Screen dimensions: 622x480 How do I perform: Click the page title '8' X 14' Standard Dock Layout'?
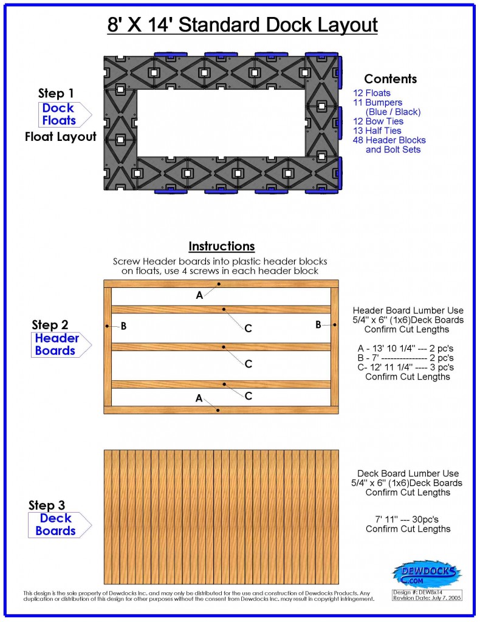coord(239,25)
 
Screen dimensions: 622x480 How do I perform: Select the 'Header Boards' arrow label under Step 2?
coord(57,344)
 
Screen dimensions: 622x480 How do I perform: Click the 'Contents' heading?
coord(390,79)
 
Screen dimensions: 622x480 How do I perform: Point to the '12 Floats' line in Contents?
coord(372,94)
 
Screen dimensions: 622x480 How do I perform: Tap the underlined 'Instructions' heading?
coord(221,247)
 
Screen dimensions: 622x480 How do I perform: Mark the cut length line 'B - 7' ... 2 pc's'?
coord(407,358)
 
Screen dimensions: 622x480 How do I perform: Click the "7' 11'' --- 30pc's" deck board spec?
coord(408,519)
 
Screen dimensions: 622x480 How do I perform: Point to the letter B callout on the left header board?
coord(123,326)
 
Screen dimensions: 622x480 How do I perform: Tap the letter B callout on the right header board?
coord(318,325)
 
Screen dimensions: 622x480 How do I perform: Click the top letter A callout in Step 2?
coord(199,295)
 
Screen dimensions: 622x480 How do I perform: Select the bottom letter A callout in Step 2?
coord(199,398)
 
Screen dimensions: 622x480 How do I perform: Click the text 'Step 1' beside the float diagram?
coord(56,94)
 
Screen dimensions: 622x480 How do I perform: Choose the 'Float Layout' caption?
coord(60,137)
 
